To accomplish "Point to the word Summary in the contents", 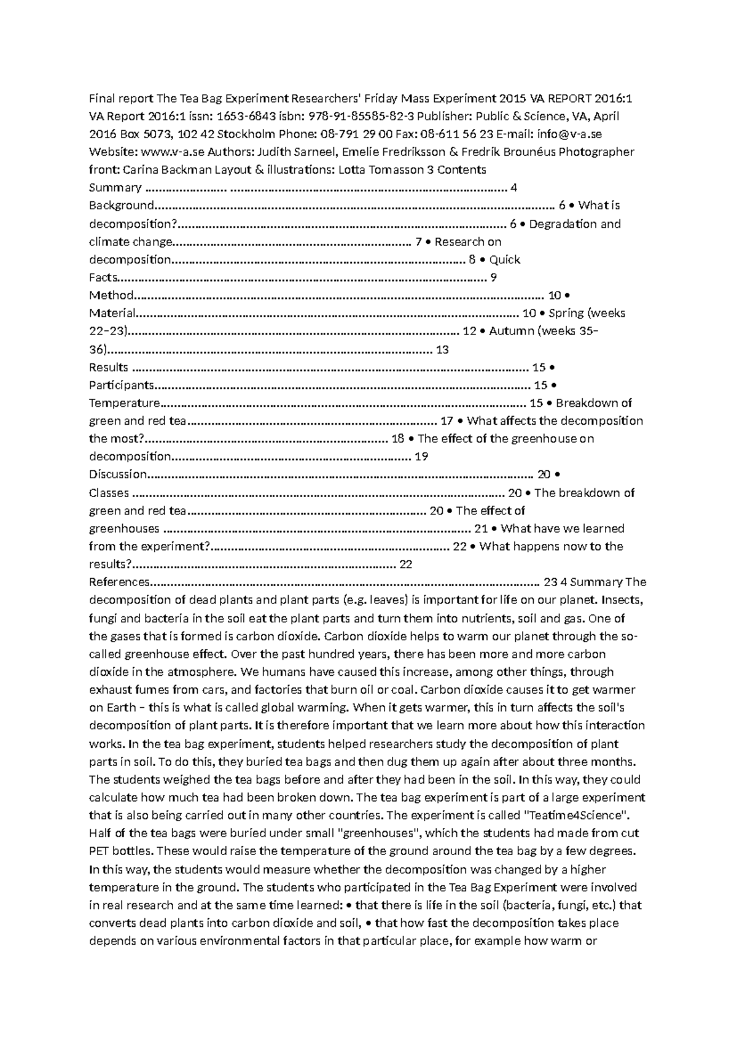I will click(115, 188).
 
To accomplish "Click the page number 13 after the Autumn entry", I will click(442, 350).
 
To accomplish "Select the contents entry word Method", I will click(111, 295).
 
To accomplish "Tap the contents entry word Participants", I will click(122, 385).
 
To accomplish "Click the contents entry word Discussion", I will click(119, 474).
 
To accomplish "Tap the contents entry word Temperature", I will click(124, 403).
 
